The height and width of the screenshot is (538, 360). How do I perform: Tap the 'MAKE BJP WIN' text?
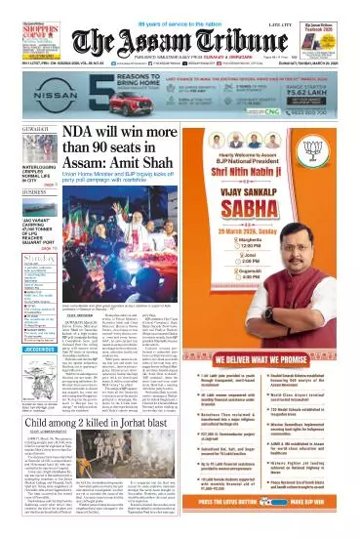pyautogui.click(x=321, y=526)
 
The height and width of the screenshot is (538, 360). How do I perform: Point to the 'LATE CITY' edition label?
pyautogui.click(x=284, y=7)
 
